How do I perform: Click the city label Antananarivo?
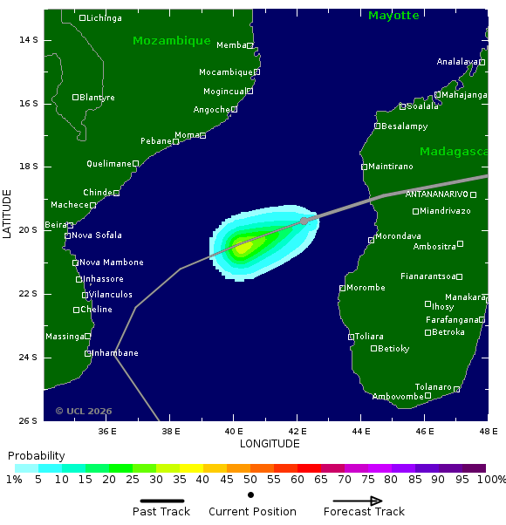tap(436, 194)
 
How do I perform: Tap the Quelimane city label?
tap(108, 164)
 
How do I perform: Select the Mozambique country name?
tap(172, 41)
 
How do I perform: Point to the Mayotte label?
tap(393, 16)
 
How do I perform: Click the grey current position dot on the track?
tap(304, 221)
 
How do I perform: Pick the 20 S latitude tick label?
tap(28, 230)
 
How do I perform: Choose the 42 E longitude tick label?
tap(297, 431)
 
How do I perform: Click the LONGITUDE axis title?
tap(270, 444)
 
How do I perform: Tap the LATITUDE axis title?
tap(8, 215)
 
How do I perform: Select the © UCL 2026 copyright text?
tap(84, 411)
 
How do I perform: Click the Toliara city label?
tap(369, 336)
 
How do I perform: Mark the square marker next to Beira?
tap(70, 225)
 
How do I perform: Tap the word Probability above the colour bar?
tap(37, 456)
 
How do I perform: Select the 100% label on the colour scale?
tap(491, 480)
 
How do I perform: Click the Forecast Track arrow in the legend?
tap(352, 501)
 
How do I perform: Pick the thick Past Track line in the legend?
tap(161, 501)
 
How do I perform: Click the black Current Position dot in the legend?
tap(251, 494)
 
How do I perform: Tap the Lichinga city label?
tap(104, 18)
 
